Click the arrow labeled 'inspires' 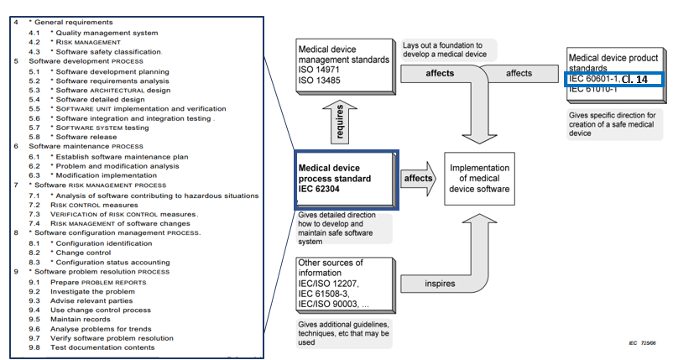click(x=436, y=284)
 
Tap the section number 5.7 click(x=34, y=127)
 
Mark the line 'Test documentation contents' click(x=102, y=347)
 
